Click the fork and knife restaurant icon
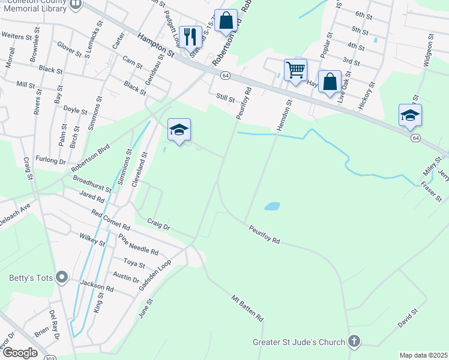(190, 37)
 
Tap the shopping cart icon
(295, 70)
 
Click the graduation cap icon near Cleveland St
(179, 130)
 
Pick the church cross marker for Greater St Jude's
(354, 342)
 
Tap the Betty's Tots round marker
(61, 277)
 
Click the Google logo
(20, 353)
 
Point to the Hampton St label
(155, 46)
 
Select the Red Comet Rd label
(111, 220)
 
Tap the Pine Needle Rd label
(138, 244)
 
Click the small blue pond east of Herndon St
(272, 206)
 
